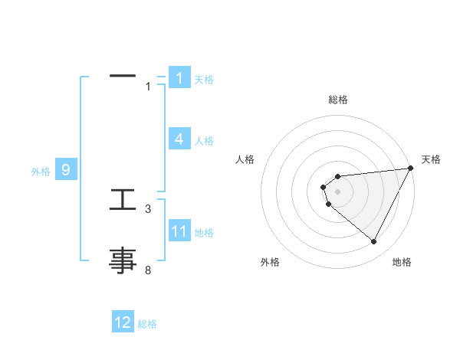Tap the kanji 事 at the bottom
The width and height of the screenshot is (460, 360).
click(x=123, y=260)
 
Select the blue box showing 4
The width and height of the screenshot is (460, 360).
click(x=179, y=139)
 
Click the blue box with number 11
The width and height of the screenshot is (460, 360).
click(x=179, y=231)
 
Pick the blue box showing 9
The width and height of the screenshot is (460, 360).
click(x=66, y=170)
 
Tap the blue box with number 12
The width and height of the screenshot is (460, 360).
click(x=123, y=322)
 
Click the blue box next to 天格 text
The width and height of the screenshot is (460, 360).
click(x=179, y=78)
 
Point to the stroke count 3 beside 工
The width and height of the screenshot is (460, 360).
click(x=148, y=208)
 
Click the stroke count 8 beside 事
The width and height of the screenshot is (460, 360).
click(x=148, y=270)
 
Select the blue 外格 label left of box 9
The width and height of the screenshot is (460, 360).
click(x=41, y=172)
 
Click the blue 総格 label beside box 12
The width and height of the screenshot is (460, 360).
click(x=147, y=324)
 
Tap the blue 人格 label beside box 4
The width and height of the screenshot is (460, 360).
click(x=204, y=141)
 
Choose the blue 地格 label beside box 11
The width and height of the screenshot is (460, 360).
click(x=204, y=233)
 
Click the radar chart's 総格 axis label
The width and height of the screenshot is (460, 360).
click(x=338, y=100)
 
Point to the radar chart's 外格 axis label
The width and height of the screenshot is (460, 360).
click(x=270, y=262)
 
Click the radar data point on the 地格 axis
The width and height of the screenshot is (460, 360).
click(x=373, y=242)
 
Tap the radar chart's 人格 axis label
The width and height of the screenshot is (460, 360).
click(x=245, y=159)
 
